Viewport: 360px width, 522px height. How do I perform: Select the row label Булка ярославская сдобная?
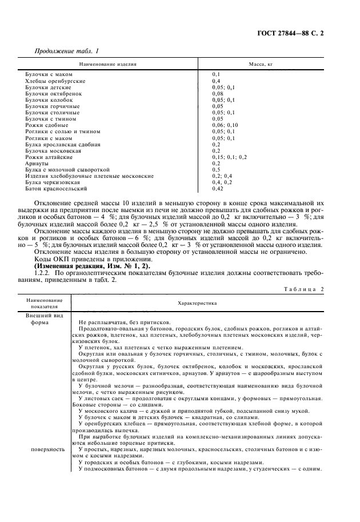click(63, 144)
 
